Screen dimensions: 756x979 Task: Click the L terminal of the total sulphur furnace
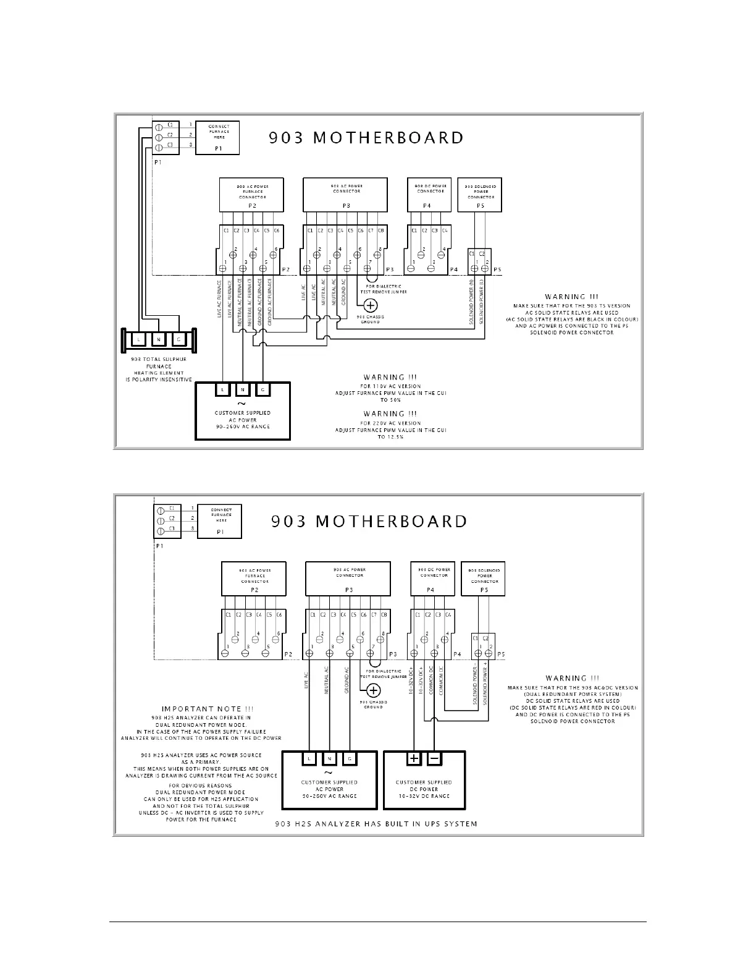(x=138, y=339)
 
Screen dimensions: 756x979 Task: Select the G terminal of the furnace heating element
(x=178, y=339)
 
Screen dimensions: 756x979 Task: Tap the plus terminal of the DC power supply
(x=414, y=758)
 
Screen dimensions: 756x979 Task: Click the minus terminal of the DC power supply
(x=434, y=758)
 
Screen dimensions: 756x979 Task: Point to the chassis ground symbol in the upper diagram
(x=371, y=305)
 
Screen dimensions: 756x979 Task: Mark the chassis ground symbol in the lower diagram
(x=373, y=690)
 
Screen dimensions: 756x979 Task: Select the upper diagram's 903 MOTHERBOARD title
(x=366, y=138)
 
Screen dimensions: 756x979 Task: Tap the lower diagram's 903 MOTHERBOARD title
(x=369, y=522)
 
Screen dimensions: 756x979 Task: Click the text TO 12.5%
(x=390, y=437)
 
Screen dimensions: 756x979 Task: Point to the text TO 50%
(x=390, y=400)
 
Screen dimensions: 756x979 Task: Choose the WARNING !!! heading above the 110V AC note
(x=390, y=377)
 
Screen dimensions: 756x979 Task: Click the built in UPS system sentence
(x=376, y=824)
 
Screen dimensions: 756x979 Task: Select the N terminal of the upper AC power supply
(x=243, y=389)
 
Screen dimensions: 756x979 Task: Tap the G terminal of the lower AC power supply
(x=350, y=758)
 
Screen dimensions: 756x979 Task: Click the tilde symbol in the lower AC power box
(x=329, y=772)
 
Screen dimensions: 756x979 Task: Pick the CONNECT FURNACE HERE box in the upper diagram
(x=218, y=138)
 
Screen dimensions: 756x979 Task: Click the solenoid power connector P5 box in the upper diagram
(x=481, y=195)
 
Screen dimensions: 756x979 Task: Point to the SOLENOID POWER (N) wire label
(x=472, y=302)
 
